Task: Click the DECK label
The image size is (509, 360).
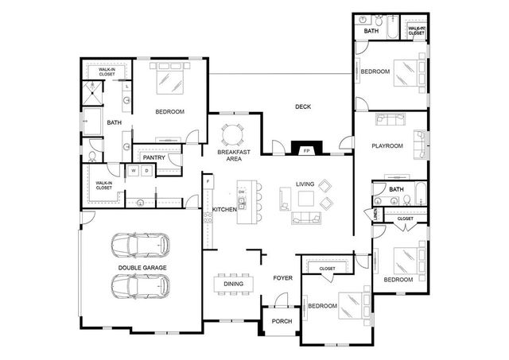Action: pos(302,106)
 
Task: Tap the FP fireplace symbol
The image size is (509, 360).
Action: pos(306,149)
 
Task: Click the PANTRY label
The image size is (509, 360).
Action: pos(153,157)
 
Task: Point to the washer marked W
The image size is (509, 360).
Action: pos(134,171)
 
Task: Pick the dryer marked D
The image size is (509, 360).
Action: pos(147,171)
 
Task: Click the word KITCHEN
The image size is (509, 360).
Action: pos(223,209)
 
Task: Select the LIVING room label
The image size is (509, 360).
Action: pos(305,184)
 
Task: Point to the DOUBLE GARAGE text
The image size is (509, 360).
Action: pos(142,268)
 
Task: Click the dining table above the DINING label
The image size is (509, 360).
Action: pos(234,282)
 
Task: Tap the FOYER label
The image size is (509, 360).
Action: pos(282,278)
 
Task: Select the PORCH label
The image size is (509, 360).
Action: pos(281,321)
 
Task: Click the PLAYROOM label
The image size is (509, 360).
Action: pos(388,146)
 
